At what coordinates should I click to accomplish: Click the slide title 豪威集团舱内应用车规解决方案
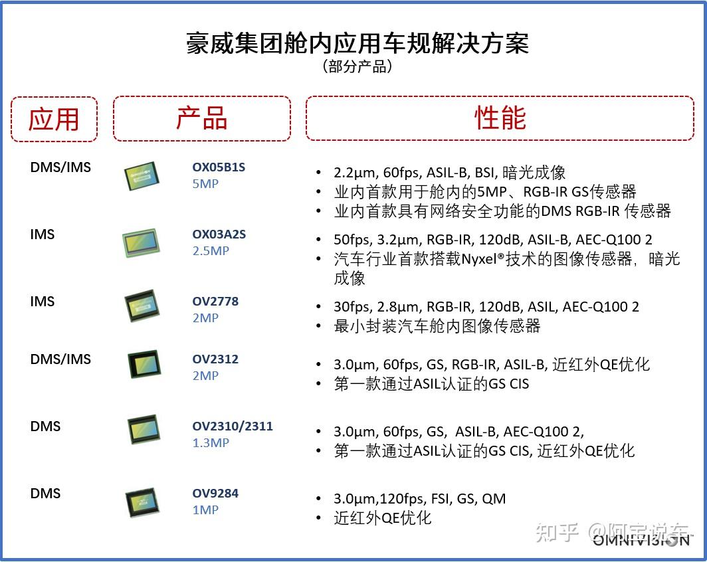(x=357, y=43)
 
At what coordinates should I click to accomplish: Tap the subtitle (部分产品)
(x=357, y=66)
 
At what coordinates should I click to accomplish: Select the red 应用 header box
(x=54, y=119)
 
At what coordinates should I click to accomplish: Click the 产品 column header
(x=201, y=118)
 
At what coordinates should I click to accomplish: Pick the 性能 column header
(x=500, y=118)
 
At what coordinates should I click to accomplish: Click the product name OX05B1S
(x=219, y=167)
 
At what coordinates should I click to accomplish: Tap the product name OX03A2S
(x=219, y=234)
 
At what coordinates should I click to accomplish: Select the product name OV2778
(x=215, y=302)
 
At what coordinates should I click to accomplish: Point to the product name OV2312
(x=215, y=359)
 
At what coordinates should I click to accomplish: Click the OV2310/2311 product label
(x=233, y=426)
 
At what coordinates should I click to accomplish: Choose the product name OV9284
(x=215, y=494)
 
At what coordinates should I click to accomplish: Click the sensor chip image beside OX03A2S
(x=141, y=243)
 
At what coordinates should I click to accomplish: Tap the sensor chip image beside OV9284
(x=142, y=503)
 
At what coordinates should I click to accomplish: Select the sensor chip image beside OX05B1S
(x=142, y=176)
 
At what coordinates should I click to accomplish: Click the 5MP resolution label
(x=205, y=184)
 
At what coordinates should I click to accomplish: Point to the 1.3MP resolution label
(x=211, y=443)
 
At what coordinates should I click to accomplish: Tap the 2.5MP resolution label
(x=211, y=251)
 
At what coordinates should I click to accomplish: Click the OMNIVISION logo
(x=641, y=540)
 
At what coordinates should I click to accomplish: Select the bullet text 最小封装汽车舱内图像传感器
(x=437, y=326)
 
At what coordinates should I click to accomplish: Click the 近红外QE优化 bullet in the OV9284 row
(x=383, y=518)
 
